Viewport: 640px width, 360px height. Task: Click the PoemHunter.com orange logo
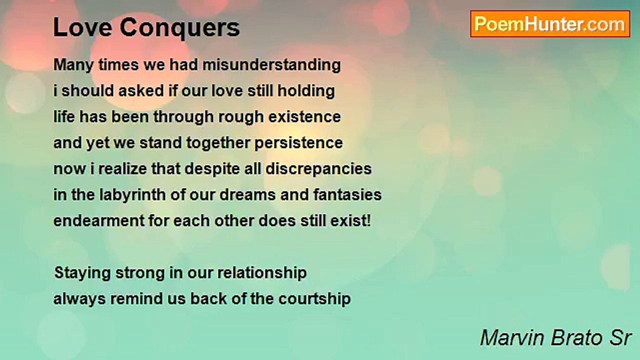click(x=550, y=24)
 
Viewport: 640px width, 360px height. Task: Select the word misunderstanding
click(x=271, y=65)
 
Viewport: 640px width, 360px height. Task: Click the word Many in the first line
click(x=73, y=65)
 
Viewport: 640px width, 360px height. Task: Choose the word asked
click(x=141, y=91)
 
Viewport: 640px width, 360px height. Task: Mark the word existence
click(x=304, y=117)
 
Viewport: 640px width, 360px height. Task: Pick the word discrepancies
click(x=318, y=169)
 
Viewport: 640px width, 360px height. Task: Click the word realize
click(x=123, y=169)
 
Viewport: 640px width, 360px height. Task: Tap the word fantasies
click(x=347, y=195)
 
